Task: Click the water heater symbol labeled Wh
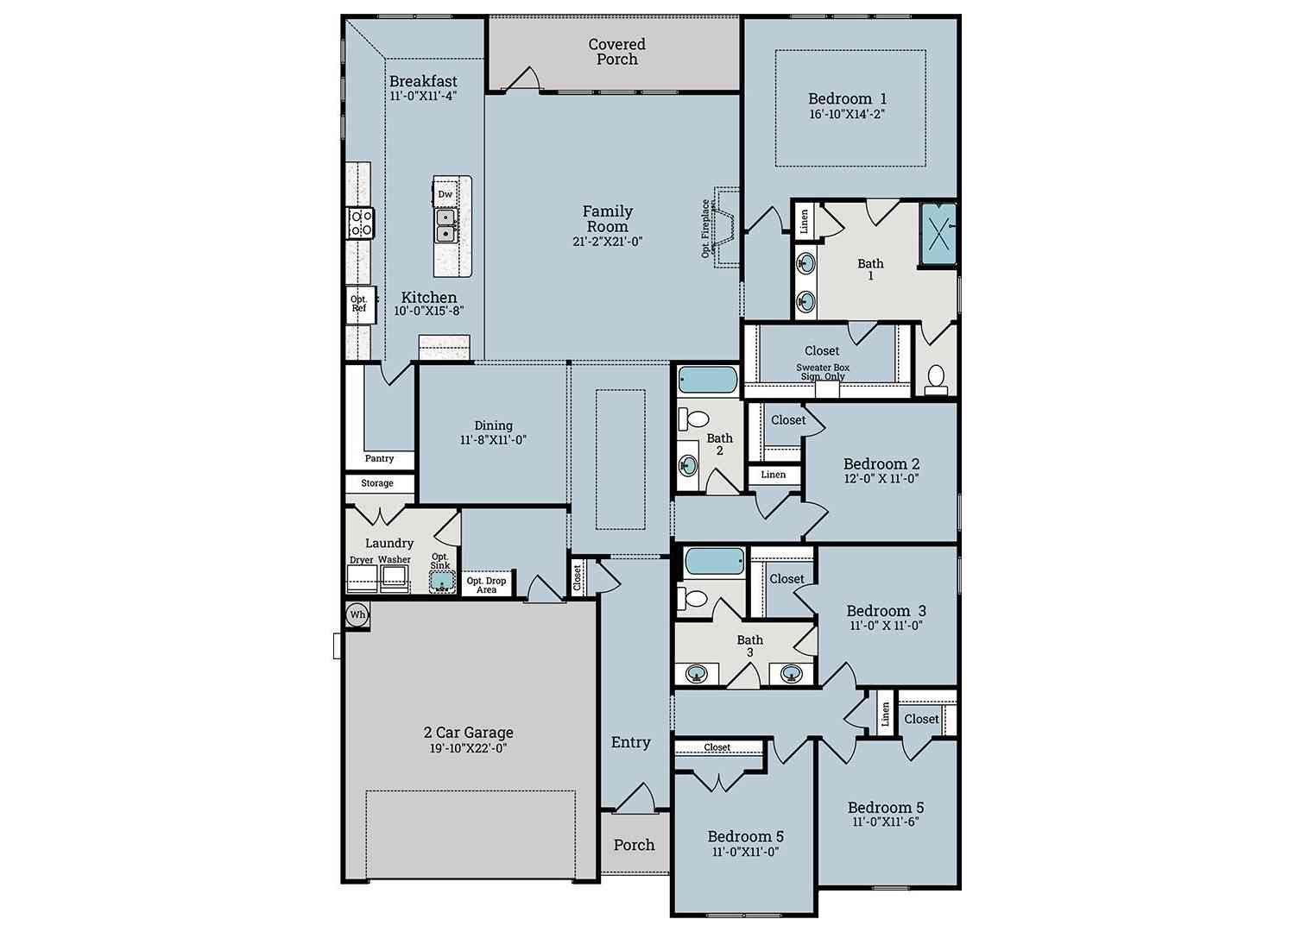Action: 358,614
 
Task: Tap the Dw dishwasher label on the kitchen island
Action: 445,194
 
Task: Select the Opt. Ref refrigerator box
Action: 361,304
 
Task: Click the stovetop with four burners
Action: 361,223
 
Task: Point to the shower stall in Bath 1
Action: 938,234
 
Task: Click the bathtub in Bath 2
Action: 708,381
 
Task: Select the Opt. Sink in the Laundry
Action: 442,581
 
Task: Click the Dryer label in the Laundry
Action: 362,560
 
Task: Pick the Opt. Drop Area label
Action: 486,585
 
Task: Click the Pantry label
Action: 379,458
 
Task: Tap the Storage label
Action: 377,483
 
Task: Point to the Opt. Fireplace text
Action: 705,229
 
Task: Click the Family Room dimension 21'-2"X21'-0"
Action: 608,242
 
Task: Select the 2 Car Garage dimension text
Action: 468,748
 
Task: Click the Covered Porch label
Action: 617,52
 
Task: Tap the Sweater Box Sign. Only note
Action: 823,372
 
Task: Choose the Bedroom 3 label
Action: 887,611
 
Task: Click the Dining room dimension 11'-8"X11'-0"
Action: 493,440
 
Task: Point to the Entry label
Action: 631,742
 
